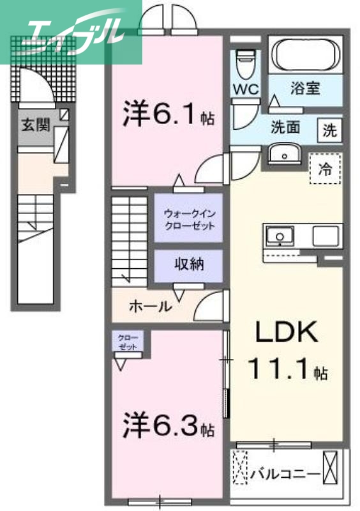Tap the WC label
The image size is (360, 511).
245,89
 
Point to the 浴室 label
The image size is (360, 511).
304,89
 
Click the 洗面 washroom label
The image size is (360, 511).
285,126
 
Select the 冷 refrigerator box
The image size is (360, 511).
325,170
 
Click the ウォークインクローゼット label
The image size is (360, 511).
189,218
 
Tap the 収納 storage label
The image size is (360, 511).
189,264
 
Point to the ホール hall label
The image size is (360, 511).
150,307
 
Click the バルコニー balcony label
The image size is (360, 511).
285,475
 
